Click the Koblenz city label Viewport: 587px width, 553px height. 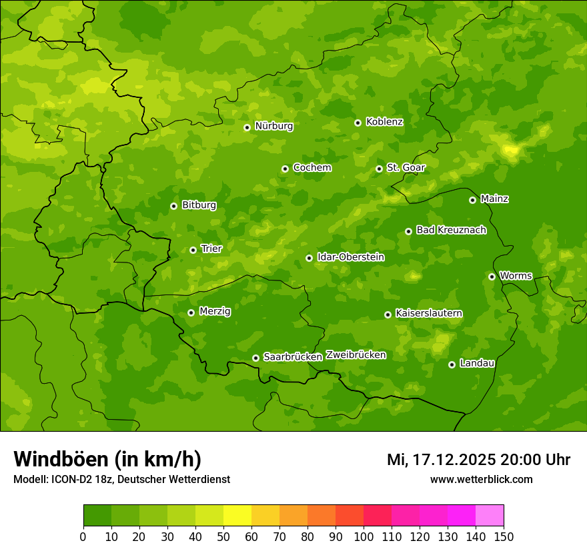(384, 122)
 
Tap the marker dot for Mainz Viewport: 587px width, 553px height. (472, 200)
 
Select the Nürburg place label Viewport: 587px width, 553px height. (273, 126)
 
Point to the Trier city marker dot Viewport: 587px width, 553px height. (193, 250)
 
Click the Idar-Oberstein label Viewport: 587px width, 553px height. (350, 257)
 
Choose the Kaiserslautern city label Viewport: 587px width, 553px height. (429, 313)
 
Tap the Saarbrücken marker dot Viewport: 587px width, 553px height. (255, 358)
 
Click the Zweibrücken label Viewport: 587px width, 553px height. (356, 355)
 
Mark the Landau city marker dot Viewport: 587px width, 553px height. (452, 364)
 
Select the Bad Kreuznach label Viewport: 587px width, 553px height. (451, 230)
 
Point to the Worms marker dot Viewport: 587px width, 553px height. (492, 276)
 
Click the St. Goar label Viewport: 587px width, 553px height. (406, 168)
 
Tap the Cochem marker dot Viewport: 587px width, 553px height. (285, 169)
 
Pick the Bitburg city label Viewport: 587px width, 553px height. (199, 205)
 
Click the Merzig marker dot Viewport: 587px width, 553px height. (191, 312)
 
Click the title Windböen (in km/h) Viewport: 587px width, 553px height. (107, 459)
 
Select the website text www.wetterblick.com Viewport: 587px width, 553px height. (481, 479)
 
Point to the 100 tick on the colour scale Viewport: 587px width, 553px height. (364, 536)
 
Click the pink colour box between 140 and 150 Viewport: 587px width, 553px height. (490, 516)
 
